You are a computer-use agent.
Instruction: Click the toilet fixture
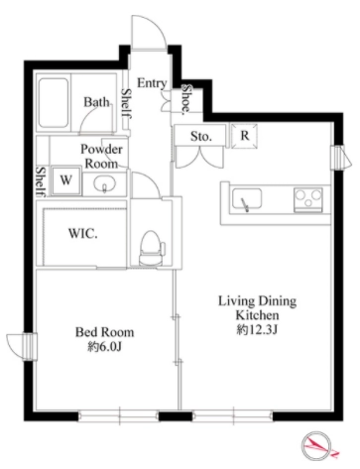pyautogui.click(x=152, y=248)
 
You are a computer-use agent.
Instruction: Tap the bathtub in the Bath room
pyautogui.click(x=54, y=104)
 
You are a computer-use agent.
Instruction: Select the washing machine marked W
pyautogui.click(x=66, y=180)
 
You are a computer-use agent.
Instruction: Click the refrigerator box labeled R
pyautogui.click(x=244, y=136)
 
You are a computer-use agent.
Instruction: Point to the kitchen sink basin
pyautogui.click(x=247, y=199)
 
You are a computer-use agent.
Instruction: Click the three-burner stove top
pyautogui.click(x=308, y=199)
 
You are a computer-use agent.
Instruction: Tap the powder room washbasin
pyautogui.click(x=105, y=184)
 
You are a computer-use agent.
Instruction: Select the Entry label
pyautogui.click(x=152, y=83)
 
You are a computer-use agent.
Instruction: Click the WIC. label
pyautogui.click(x=83, y=234)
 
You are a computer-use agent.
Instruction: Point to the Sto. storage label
pyautogui.click(x=200, y=136)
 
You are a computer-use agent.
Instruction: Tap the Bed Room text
pyautogui.click(x=105, y=332)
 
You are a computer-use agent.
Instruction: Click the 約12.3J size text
pyautogui.click(x=257, y=330)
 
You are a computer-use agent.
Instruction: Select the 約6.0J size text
pyautogui.click(x=105, y=347)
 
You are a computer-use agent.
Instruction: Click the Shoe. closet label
pyautogui.click(x=187, y=99)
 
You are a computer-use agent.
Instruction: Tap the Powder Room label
pyautogui.click(x=101, y=156)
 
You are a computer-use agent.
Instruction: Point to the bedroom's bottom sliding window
pyautogui.click(x=118, y=415)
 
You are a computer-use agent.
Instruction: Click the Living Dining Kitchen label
pyautogui.click(x=257, y=308)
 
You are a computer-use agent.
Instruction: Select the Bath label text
pyautogui.click(x=96, y=102)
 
